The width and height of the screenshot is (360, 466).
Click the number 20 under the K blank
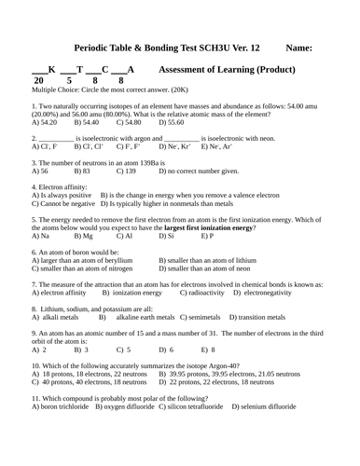tap(38, 80)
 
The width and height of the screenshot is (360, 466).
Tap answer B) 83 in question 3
tap(82, 171)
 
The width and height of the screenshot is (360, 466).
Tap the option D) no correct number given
tap(199, 171)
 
